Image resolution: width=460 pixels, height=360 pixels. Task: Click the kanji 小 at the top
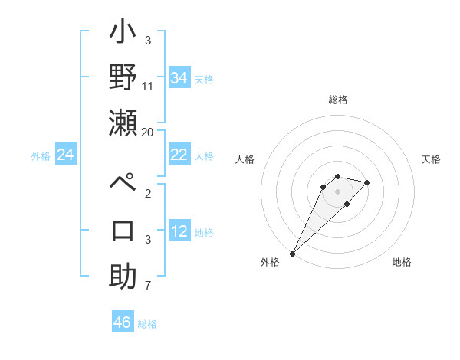click(x=123, y=34)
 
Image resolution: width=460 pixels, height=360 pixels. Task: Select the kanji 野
click(x=123, y=79)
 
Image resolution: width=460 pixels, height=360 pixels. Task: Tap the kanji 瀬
click(x=123, y=123)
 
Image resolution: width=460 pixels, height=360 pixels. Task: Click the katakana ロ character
click(x=123, y=230)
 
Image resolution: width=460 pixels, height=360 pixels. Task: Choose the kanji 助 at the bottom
click(x=123, y=276)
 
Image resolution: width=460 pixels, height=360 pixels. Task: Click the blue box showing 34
click(x=179, y=78)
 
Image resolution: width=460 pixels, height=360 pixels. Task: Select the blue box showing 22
click(x=179, y=155)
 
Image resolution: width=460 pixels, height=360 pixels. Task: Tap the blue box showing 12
click(x=179, y=231)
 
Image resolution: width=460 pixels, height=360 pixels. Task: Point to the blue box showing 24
click(x=66, y=155)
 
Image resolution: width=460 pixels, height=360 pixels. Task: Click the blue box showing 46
click(x=123, y=322)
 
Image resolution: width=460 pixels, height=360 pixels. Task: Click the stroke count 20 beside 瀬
click(x=148, y=132)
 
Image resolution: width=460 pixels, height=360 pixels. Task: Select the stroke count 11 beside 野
click(x=148, y=87)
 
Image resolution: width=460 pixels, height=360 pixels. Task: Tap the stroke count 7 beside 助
click(x=148, y=286)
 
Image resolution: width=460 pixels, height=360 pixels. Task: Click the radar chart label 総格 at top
click(x=337, y=100)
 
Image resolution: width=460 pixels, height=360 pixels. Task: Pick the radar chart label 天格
click(x=431, y=159)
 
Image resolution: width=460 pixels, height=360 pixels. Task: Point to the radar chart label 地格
click(x=402, y=263)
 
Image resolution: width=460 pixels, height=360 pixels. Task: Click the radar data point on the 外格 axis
click(x=292, y=253)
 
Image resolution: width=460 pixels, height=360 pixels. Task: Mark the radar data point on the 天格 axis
click(x=367, y=182)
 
